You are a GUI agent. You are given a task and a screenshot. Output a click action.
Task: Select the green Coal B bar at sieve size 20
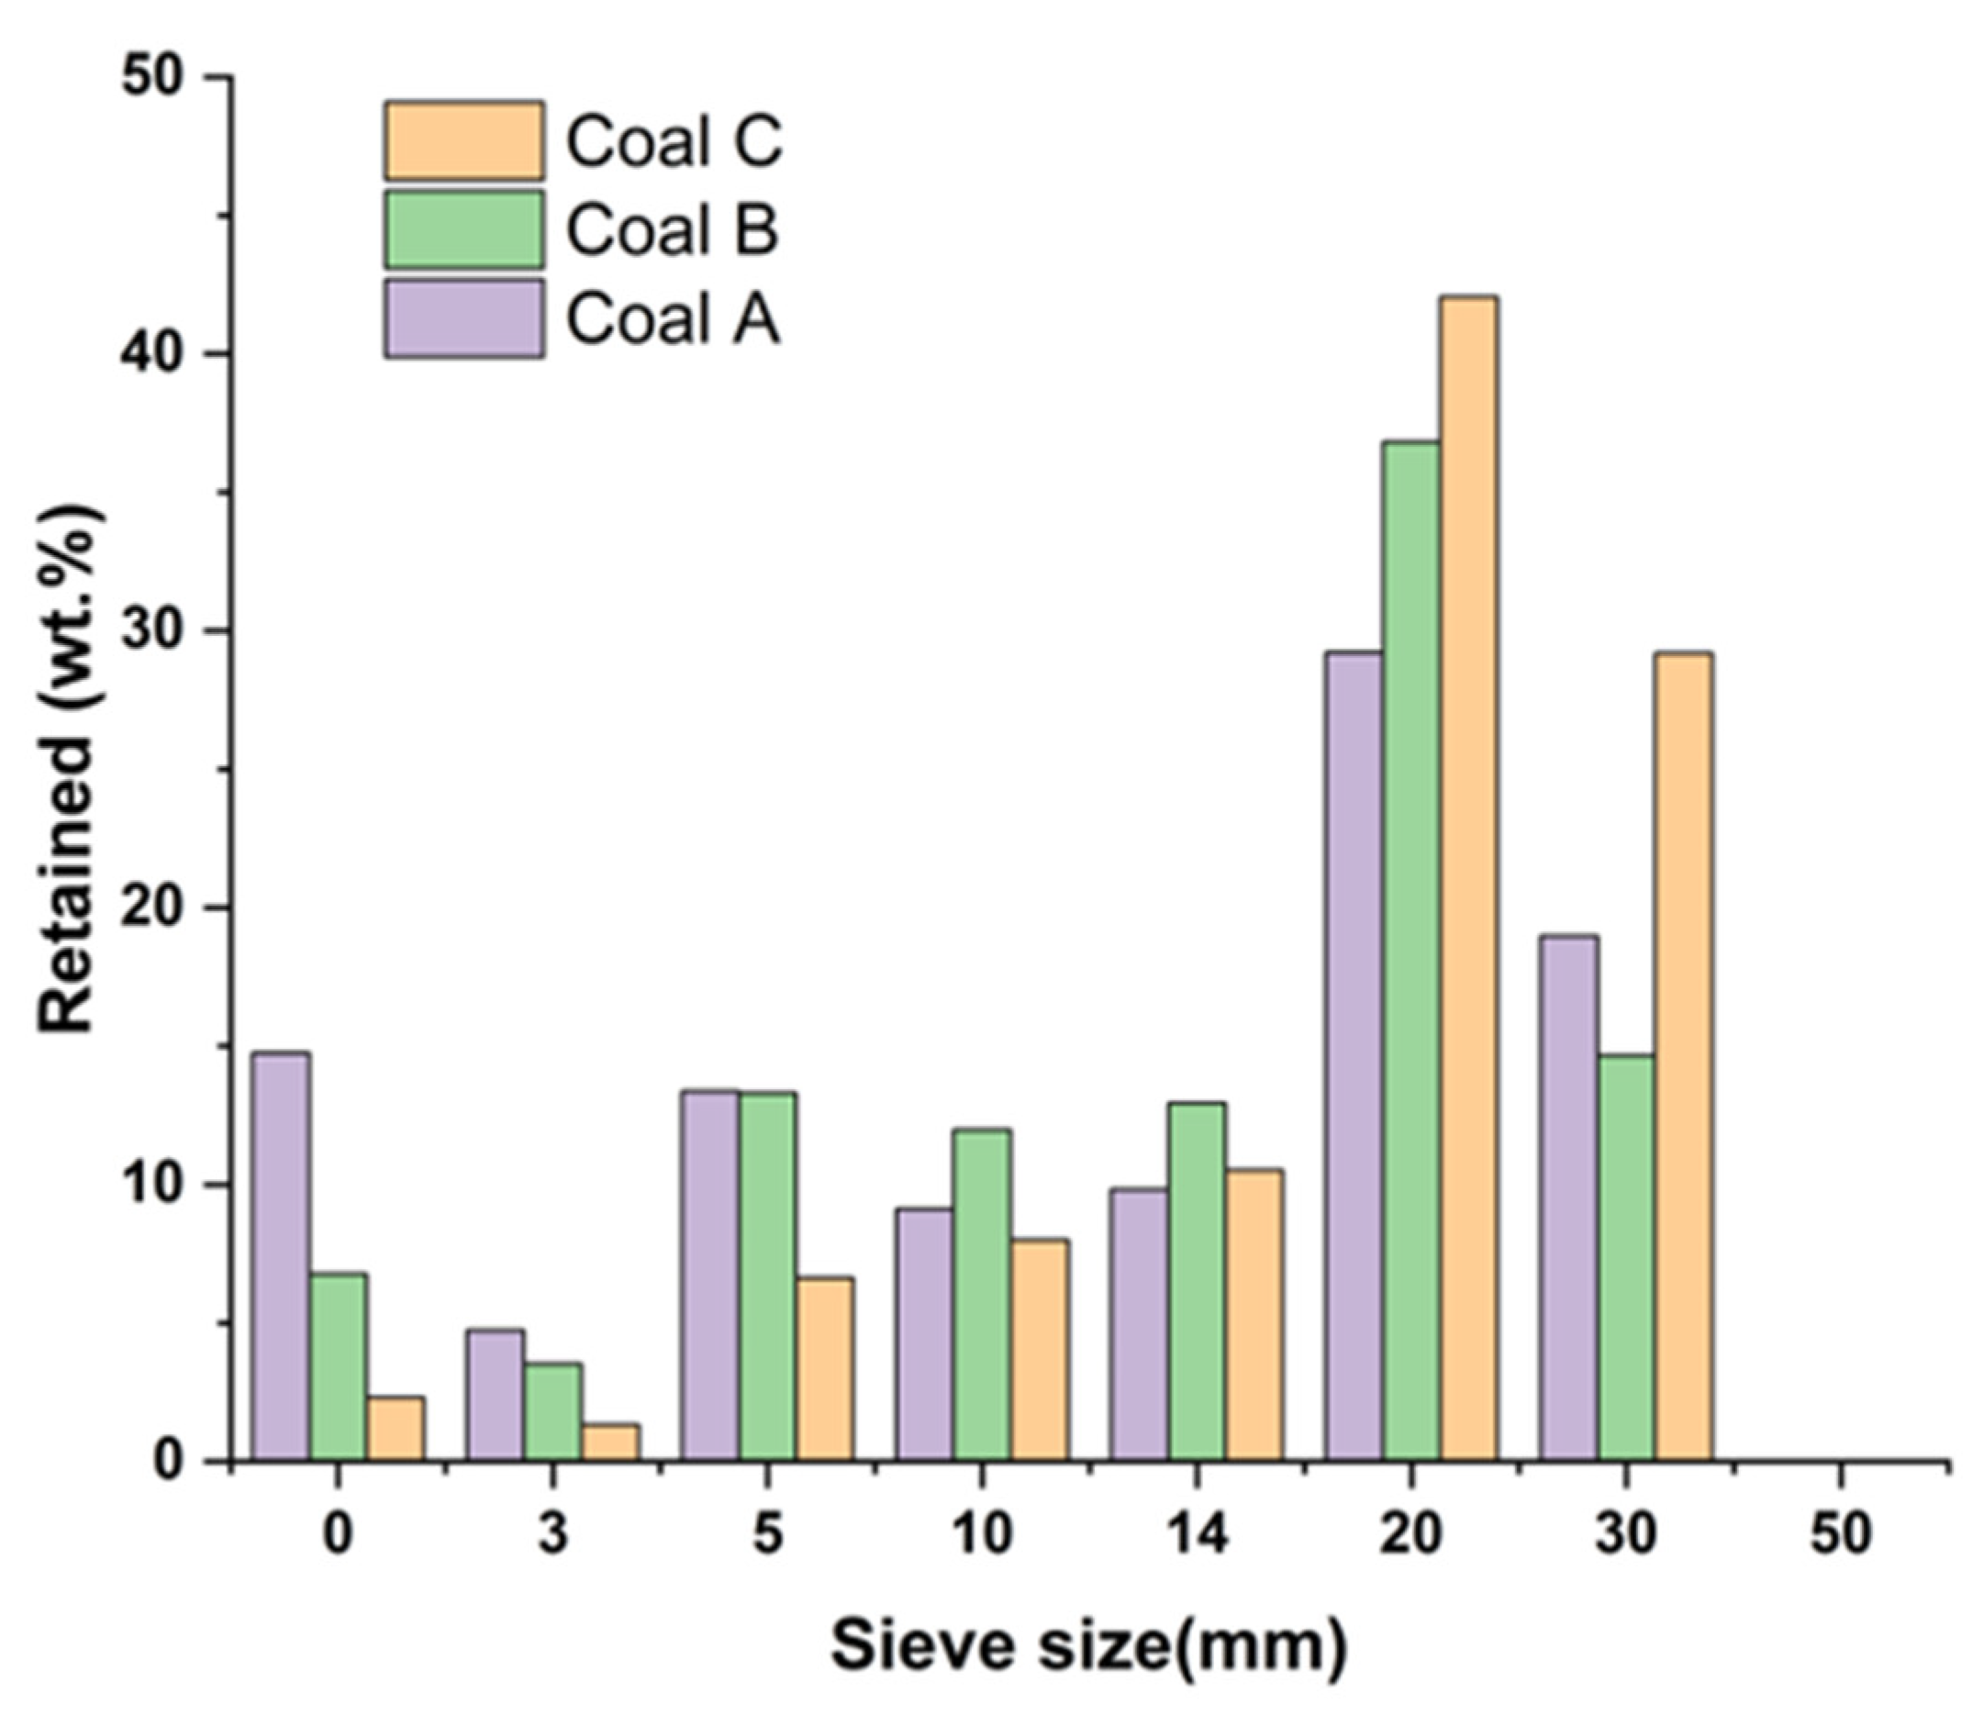(1411, 952)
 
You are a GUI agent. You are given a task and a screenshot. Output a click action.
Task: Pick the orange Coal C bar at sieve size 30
(1683, 1056)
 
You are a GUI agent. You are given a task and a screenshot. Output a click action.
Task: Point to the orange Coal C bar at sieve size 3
(610, 1442)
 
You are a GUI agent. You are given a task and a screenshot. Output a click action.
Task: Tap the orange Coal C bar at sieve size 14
(1254, 1315)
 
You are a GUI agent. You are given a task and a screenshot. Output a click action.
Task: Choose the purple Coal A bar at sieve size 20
(1354, 1056)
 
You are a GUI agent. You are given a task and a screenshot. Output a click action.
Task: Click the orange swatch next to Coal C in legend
(464, 140)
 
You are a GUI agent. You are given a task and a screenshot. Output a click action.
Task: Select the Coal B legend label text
(672, 229)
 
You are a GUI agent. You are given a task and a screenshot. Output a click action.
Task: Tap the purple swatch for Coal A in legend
(464, 318)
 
